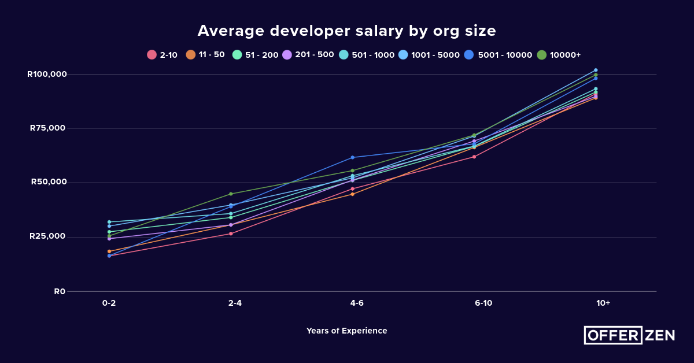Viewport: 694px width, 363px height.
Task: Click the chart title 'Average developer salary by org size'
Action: [x=346, y=31]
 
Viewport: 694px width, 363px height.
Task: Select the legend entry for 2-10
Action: [x=163, y=55]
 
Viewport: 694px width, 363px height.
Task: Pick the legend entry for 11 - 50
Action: [x=205, y=55]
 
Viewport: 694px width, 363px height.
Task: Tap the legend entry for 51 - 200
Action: [x=255, y=55]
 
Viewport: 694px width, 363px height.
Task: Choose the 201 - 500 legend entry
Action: [x=308, y=55]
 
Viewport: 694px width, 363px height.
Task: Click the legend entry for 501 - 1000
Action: [x=367, y=55]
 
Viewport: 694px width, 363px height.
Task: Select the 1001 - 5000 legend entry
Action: [x=429, y=55]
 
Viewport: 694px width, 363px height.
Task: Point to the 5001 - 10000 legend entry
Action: [x=498, y=55]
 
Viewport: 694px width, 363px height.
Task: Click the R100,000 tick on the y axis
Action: [x=47, y=74]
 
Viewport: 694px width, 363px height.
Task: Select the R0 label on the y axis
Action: [x=60, y=291]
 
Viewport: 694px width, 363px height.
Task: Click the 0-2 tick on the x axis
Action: [x=109, y=303]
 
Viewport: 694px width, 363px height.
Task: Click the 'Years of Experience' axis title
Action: [x=346, y=331]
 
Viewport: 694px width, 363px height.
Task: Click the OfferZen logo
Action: [x=629, y=335]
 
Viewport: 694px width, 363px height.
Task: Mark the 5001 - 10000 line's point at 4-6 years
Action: [x=352, y=157]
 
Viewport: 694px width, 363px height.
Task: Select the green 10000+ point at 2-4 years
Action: [x=231, y=194]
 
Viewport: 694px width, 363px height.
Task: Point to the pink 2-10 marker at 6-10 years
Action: [x=474, y=157]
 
